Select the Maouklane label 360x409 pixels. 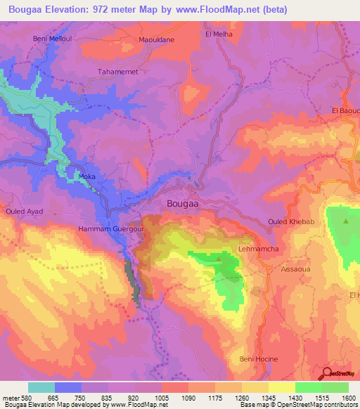pos(156,41)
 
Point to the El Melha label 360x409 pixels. pos(218,33)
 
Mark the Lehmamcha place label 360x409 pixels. pos(259,249)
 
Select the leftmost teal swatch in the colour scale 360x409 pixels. pos(41,387)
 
